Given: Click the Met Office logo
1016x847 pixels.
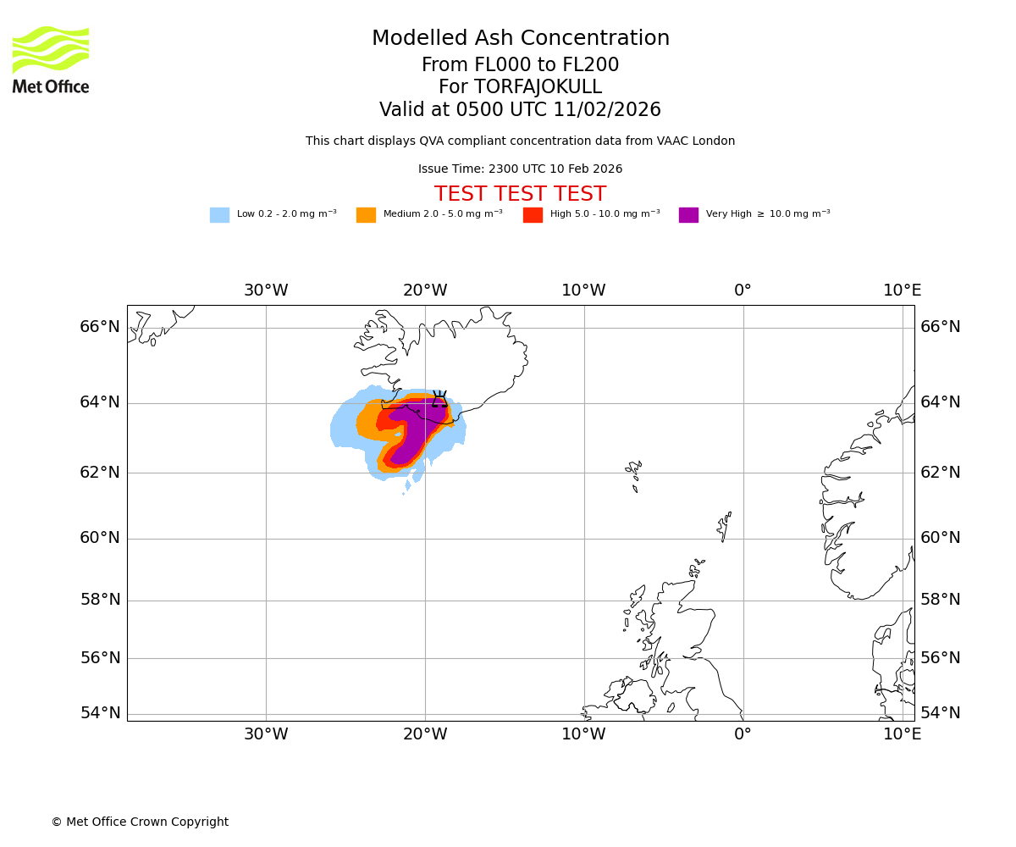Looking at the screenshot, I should (51, 59).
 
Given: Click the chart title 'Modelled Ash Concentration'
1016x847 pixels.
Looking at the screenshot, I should (521, 39).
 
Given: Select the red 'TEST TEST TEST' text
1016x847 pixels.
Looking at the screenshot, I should (520, 194).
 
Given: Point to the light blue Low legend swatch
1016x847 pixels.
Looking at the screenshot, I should (219, 215).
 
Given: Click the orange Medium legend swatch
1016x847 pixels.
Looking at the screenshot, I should (366, 215).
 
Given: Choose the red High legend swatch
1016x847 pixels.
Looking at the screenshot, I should (533, 215).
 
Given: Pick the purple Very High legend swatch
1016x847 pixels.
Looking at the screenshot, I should (688, 215).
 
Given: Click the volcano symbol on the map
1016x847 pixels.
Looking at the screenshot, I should (439, 399).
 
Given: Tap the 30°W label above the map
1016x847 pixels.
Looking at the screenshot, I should (266, 291).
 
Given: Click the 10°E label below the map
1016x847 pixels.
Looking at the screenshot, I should (903, 734).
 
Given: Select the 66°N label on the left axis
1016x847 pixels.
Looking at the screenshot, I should (100, 327).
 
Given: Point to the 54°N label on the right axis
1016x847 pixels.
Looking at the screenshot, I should (941, 713).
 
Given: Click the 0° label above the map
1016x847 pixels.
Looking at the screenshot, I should (743, 291).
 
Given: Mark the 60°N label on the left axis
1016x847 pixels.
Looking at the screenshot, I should (100, 538).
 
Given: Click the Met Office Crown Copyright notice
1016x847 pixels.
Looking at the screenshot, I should (140, 822).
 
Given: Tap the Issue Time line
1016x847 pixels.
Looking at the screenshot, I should (520, 169).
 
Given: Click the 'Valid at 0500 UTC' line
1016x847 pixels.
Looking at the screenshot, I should (520, 110).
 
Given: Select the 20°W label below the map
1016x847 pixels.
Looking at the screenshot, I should (425, 734).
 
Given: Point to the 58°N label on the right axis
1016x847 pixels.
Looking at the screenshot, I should (941, 600).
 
